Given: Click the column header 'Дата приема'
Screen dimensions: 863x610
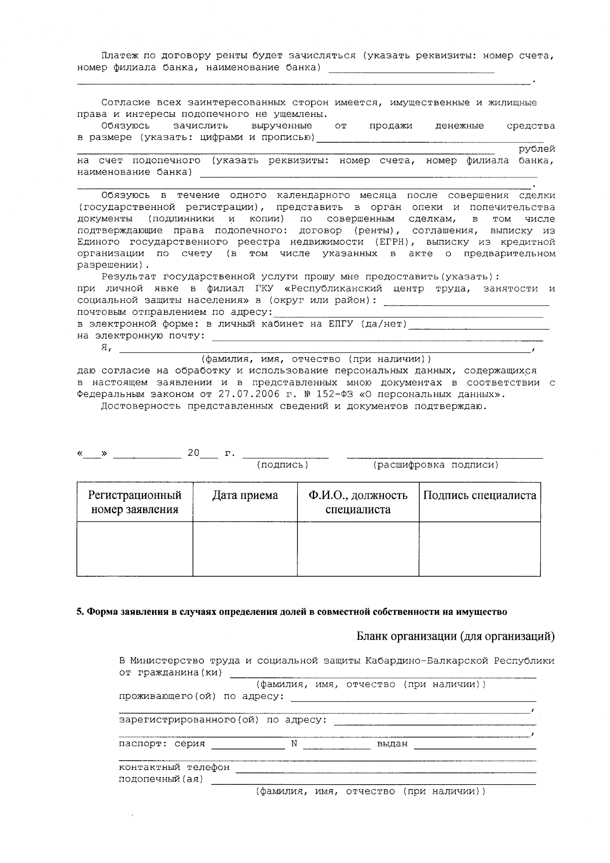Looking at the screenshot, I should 245,495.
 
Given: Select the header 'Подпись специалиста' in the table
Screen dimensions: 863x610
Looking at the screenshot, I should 479,495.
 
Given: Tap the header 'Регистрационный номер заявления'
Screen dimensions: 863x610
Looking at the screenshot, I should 135,502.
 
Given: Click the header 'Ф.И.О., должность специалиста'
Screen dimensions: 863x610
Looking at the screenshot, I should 358,502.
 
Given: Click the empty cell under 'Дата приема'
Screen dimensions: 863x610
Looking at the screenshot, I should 245,549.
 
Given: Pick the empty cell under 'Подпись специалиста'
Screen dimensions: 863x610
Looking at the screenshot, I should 479,549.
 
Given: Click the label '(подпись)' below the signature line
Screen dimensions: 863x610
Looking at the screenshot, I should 283,465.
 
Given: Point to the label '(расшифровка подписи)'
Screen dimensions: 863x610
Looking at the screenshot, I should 436,465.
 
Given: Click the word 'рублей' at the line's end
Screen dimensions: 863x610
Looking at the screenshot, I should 536,149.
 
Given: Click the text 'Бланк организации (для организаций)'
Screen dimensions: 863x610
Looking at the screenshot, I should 455,636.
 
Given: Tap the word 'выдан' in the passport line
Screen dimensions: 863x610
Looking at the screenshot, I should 392,743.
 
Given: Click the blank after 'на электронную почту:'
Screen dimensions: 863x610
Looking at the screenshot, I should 376,337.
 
